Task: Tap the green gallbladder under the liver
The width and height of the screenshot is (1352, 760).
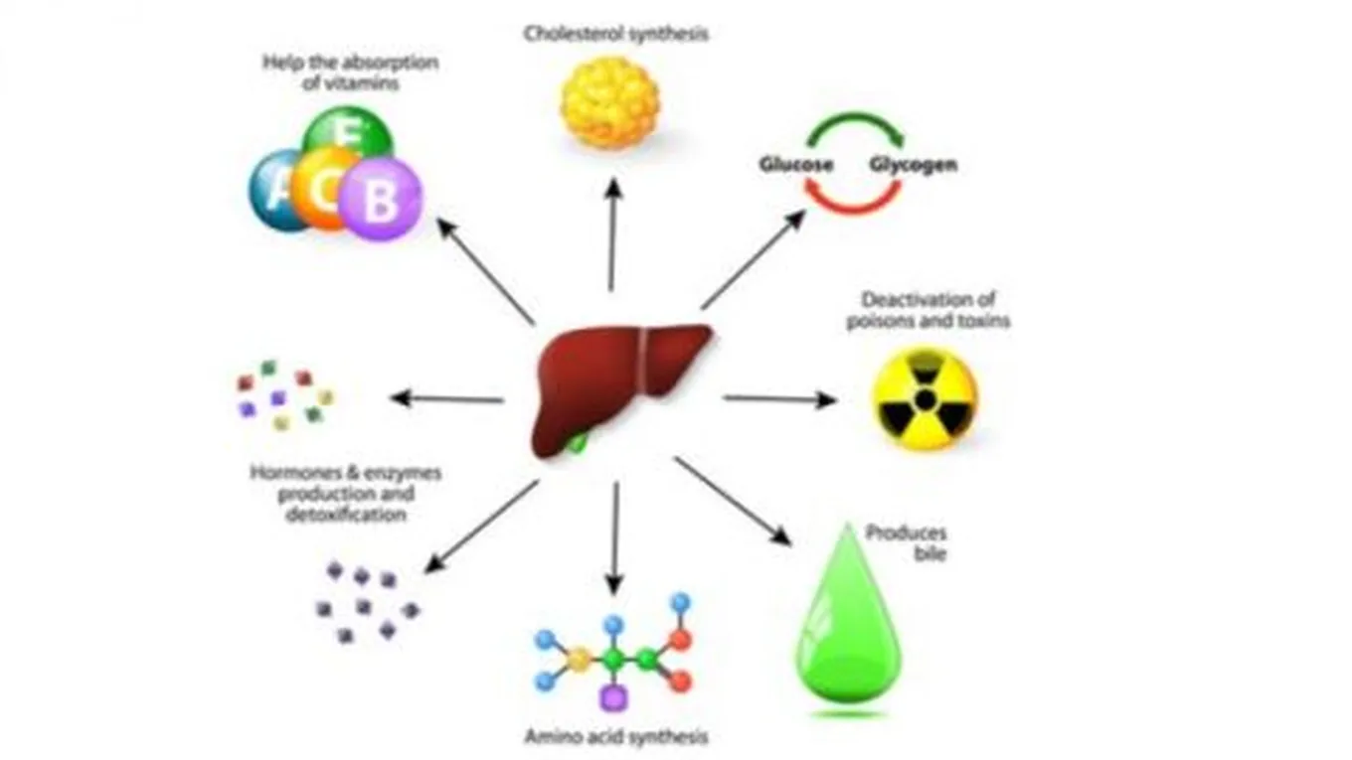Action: (574, 442)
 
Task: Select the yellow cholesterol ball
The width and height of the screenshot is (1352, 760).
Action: (609, 102)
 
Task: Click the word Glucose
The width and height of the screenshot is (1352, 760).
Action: (796, 165)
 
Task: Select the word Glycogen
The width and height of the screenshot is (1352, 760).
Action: (914, 165)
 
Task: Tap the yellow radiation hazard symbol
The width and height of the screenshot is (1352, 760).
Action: (926, 398)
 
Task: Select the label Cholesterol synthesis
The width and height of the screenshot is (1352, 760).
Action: (616, 34)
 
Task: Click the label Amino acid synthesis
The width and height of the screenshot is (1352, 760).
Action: (616, 737)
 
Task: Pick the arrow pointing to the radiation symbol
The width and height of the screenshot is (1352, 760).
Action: (780, 399)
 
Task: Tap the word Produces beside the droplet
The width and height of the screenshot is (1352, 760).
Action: (906, 533)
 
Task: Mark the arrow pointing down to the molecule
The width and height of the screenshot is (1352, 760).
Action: (614, 536)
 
